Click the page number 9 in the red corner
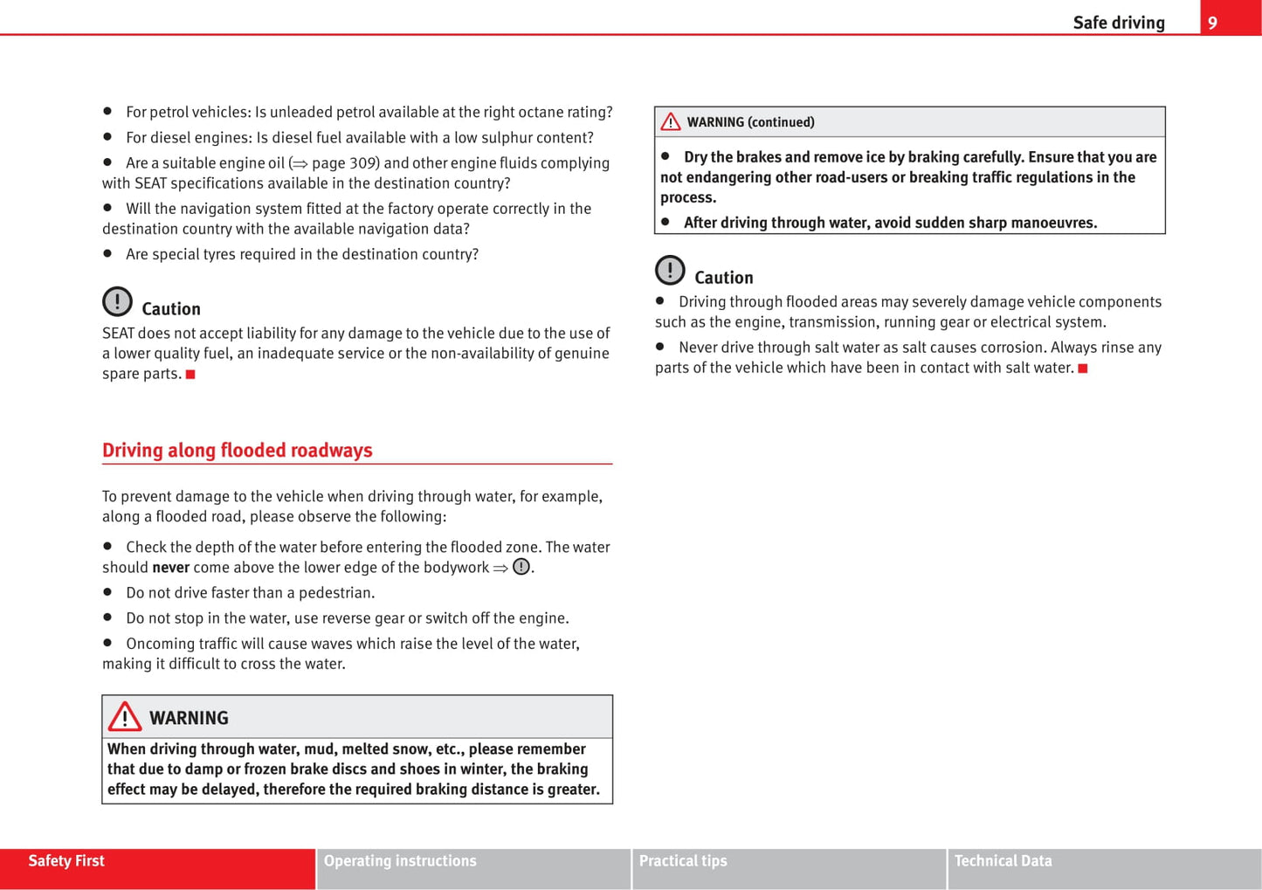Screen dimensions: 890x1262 1212,23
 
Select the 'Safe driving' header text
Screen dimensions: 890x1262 1118,23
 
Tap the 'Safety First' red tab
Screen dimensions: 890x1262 66,861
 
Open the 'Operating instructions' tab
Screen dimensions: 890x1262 400,861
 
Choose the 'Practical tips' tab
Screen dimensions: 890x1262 683,861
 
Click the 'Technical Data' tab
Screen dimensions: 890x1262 1003,861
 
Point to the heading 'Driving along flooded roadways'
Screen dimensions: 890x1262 237,451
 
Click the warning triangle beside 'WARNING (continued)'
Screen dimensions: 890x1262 671,122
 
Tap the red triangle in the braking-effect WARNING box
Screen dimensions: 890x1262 125,717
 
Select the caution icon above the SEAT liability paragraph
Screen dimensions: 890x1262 117,302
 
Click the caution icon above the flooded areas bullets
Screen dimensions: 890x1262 670,271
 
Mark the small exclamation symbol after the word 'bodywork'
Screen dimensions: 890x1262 521,567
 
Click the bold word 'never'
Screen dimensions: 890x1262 170,568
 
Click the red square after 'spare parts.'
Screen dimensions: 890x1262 190,375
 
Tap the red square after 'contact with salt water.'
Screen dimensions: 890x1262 1083,369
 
